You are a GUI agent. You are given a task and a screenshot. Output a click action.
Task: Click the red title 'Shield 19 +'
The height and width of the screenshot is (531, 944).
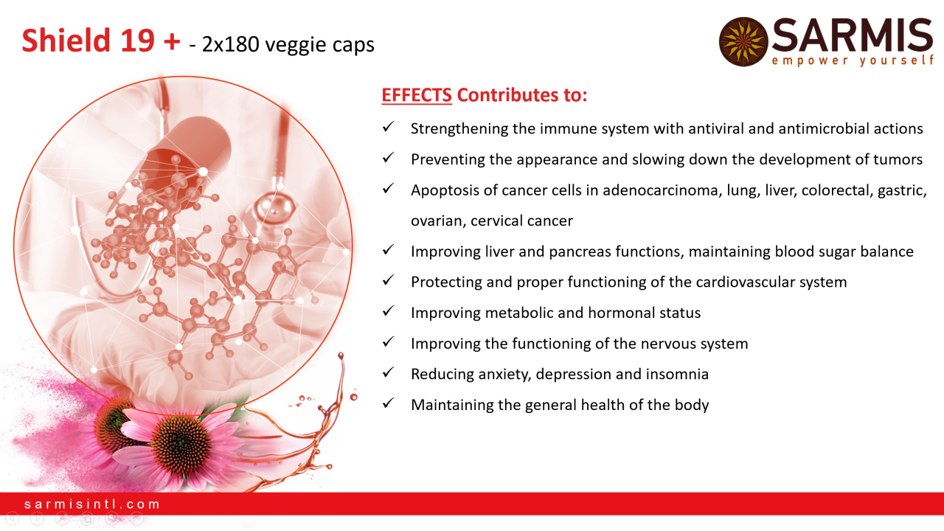tap(101, 41)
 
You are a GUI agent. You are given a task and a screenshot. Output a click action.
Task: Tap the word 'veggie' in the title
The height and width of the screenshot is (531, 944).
tap(296, 45)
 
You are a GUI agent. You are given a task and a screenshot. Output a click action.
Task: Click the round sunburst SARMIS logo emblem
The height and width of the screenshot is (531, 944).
tap(743, 41)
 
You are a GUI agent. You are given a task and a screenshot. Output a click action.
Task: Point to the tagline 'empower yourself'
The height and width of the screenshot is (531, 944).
tap(853, 60)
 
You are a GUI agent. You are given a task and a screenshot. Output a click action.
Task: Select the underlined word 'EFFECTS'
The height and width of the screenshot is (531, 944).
tap(417, 95)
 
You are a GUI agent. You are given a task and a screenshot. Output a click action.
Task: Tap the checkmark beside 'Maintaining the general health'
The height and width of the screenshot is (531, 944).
tap(388, 403)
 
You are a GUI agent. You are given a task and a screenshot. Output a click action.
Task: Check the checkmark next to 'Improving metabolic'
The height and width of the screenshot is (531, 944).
tap(388, 311)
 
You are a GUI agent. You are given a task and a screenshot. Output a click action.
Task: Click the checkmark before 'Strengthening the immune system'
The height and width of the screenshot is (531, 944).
tap(388, 127)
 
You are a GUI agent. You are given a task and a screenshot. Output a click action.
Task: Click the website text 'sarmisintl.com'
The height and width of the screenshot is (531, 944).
tap(92, 504)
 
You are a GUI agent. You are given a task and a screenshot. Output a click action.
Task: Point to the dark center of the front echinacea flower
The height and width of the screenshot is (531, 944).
tap(181, 442)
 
